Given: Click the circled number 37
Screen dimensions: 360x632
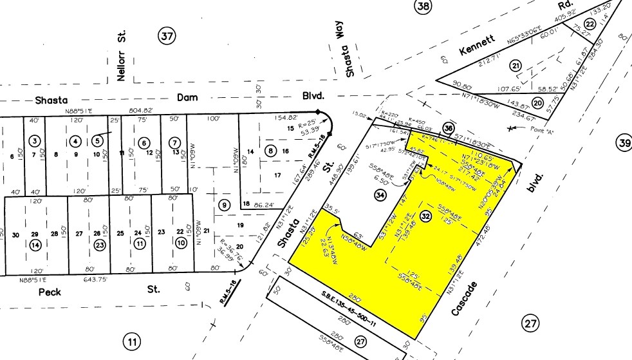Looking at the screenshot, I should click(167, 37).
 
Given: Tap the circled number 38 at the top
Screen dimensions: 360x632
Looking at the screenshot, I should click(422, 6).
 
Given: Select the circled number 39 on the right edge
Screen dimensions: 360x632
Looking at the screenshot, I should click(624, 143).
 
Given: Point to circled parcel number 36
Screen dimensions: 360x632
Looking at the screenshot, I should click(449, 129).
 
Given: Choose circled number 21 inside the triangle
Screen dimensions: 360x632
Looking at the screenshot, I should click(515, 66).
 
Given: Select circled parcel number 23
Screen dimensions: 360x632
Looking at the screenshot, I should click(100, 244).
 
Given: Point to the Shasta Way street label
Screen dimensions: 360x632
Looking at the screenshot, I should click(349, 57).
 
